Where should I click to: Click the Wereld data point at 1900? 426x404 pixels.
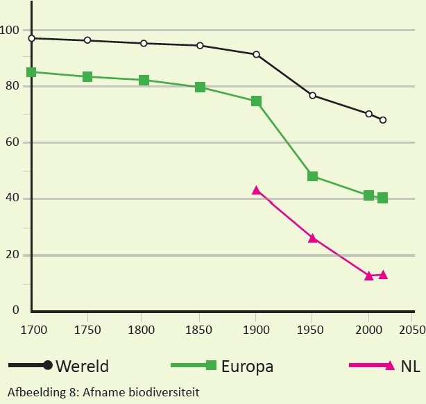point(256,54)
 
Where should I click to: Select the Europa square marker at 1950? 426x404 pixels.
point(312,176)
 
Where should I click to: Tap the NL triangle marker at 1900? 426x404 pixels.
point(256,190)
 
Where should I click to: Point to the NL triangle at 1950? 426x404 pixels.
point(312,238)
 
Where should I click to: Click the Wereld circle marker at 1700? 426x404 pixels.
point(31,38)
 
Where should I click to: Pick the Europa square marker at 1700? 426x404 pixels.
point(31,71)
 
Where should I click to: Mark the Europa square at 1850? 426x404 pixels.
point(200,87)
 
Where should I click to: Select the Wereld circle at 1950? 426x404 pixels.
point(312,95)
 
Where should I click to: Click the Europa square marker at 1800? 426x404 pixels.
point(144,80)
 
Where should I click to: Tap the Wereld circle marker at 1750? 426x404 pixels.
point(87,40)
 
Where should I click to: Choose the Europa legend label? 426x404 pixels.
point(246,366)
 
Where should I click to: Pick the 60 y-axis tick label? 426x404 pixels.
point(12,143)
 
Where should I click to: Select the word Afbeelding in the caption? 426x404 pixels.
point(33,392)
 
